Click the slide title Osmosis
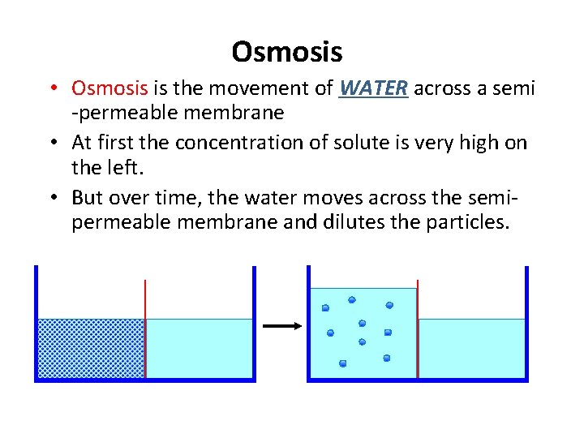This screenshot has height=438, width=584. tap(286, 52)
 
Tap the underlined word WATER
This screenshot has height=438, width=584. tap(373, 88)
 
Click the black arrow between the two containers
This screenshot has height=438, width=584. tap(282, 325)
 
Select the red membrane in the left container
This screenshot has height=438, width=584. tap(145, 328)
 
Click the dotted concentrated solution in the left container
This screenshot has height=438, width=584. tap(91, 348)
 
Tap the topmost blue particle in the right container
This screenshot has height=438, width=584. tap(351, 299)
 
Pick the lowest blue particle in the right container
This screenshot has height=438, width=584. tap(342, 363)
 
